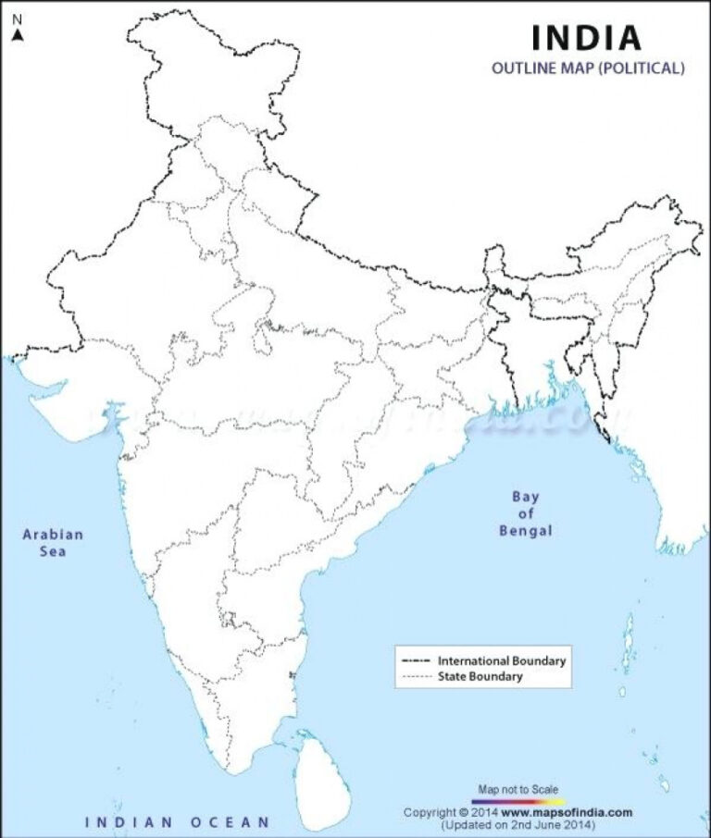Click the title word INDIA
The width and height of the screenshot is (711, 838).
tap(586, 38)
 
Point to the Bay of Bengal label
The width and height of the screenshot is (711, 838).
tap(525, 513)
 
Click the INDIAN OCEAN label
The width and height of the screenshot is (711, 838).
tap(178, 821)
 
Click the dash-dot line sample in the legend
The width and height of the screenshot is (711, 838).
tap(418, 661)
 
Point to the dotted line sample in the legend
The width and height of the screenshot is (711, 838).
tap(418, 677)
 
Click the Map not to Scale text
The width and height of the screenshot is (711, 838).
tap(518, 789)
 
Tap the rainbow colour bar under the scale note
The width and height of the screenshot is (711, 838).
tap(518, 800)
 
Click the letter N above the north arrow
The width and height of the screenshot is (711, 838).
tap(17, 18)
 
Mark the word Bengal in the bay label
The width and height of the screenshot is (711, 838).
tap(525, 531)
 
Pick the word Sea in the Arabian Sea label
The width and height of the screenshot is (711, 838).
tap(53, 552)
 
